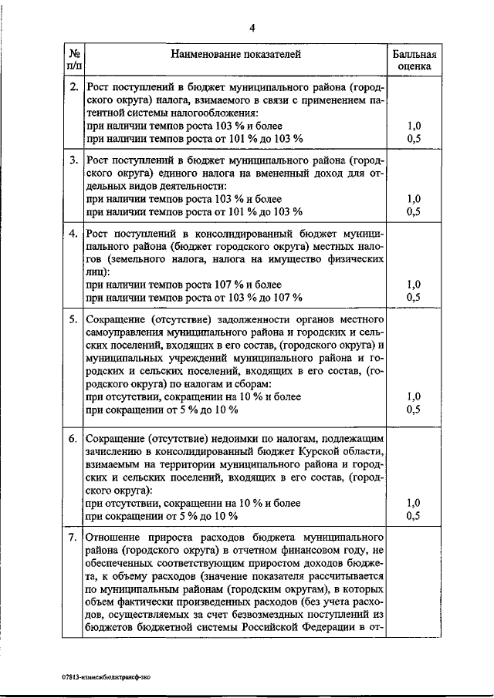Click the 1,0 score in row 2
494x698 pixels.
(414, 125)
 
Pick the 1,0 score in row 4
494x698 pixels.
(414, 284)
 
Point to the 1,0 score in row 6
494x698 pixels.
(414, 503)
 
